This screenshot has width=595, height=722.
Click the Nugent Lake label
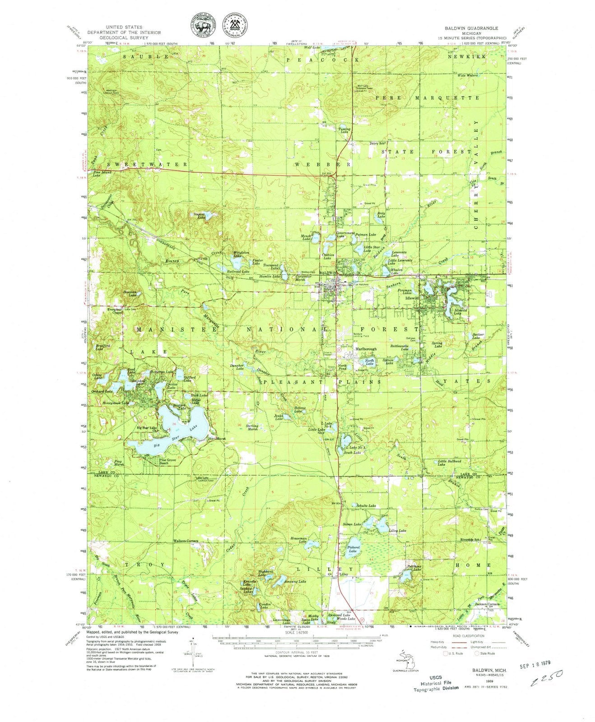point(200,216)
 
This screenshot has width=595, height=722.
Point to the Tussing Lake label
point(344,130)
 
